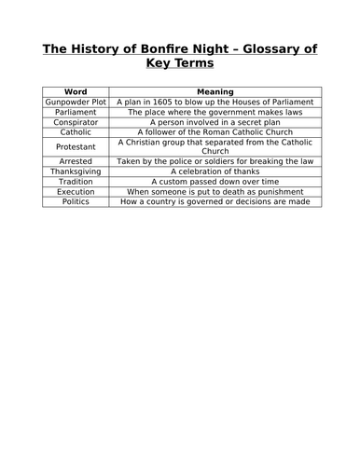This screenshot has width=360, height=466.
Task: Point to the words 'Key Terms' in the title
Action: coord(180,64)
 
